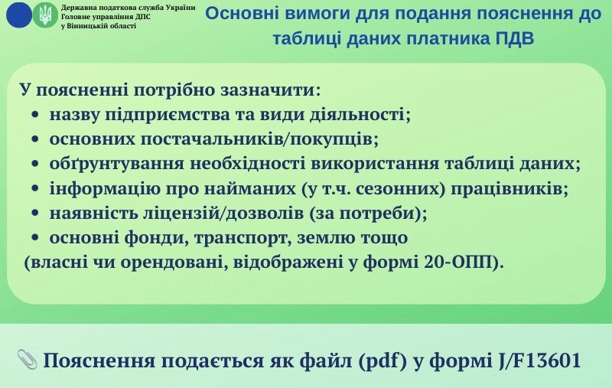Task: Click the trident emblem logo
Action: point(45,15)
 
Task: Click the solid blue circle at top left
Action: point(18,15)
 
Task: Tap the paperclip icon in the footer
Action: point(27,360)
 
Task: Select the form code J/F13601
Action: point(540,360)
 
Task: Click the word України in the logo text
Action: point(181,8)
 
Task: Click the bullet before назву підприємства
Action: point(35,116)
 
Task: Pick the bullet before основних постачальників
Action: point(35,140)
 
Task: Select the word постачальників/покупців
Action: point(259,140)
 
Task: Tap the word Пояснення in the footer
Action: point(99,361)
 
